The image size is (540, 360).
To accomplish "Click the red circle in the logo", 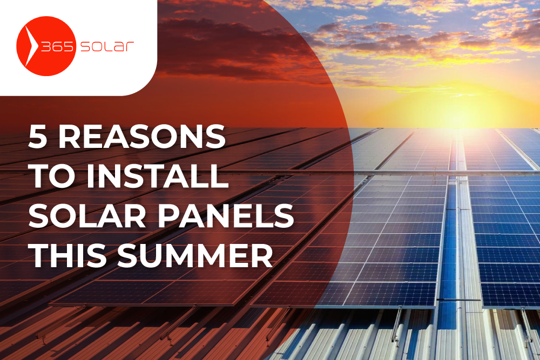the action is [46, 46].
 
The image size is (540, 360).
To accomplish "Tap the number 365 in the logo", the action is [57, 46].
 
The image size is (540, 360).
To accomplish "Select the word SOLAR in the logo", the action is [107, 46].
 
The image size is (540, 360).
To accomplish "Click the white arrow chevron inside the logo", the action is [31, 46].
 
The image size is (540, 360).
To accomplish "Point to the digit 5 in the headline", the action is [38, 137].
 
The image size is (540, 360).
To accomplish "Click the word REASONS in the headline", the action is [142, 137].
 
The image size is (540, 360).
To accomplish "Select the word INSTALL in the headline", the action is [158, 176].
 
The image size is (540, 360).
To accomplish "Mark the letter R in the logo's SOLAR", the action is [130, 47].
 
